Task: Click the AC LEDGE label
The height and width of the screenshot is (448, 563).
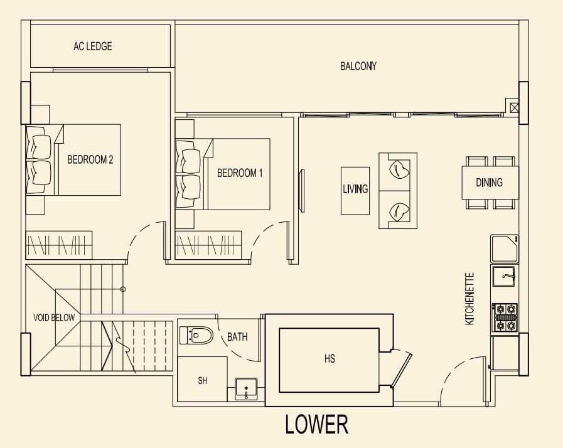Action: [x=93, y=46]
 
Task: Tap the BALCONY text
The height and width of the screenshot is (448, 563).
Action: [x=358, y=66]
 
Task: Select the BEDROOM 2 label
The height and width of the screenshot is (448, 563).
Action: [x=90, y=159]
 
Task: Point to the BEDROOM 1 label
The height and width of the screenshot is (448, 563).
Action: [x=240, y=173]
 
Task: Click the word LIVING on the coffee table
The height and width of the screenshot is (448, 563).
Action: [x=355, y=189]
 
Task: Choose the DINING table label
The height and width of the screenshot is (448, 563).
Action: [x=489, y=183]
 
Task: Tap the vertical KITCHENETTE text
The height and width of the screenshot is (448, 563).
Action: [x=469, y=299]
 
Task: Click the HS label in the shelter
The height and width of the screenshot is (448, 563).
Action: [x=330, y=359]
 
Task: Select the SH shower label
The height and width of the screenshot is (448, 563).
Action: [x=203, y=380]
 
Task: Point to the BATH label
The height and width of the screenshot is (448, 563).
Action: [x=237, y=337]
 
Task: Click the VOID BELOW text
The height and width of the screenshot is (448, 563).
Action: [x=54, y=317]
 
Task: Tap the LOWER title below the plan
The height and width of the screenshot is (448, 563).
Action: [x=317, y=424]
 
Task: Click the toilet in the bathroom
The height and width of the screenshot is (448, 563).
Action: [x=196, y=336]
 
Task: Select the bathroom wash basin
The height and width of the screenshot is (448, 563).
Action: [x=246, y=389]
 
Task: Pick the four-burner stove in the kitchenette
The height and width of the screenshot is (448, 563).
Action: [x=505, y=317]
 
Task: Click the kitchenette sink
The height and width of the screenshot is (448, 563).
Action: [x=503, y=277]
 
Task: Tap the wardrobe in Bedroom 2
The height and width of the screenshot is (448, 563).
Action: [x=59, y=245]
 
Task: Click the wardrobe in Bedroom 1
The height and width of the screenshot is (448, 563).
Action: [x=208, y=245]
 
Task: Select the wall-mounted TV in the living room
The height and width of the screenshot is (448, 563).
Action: [x=302, y=191]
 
